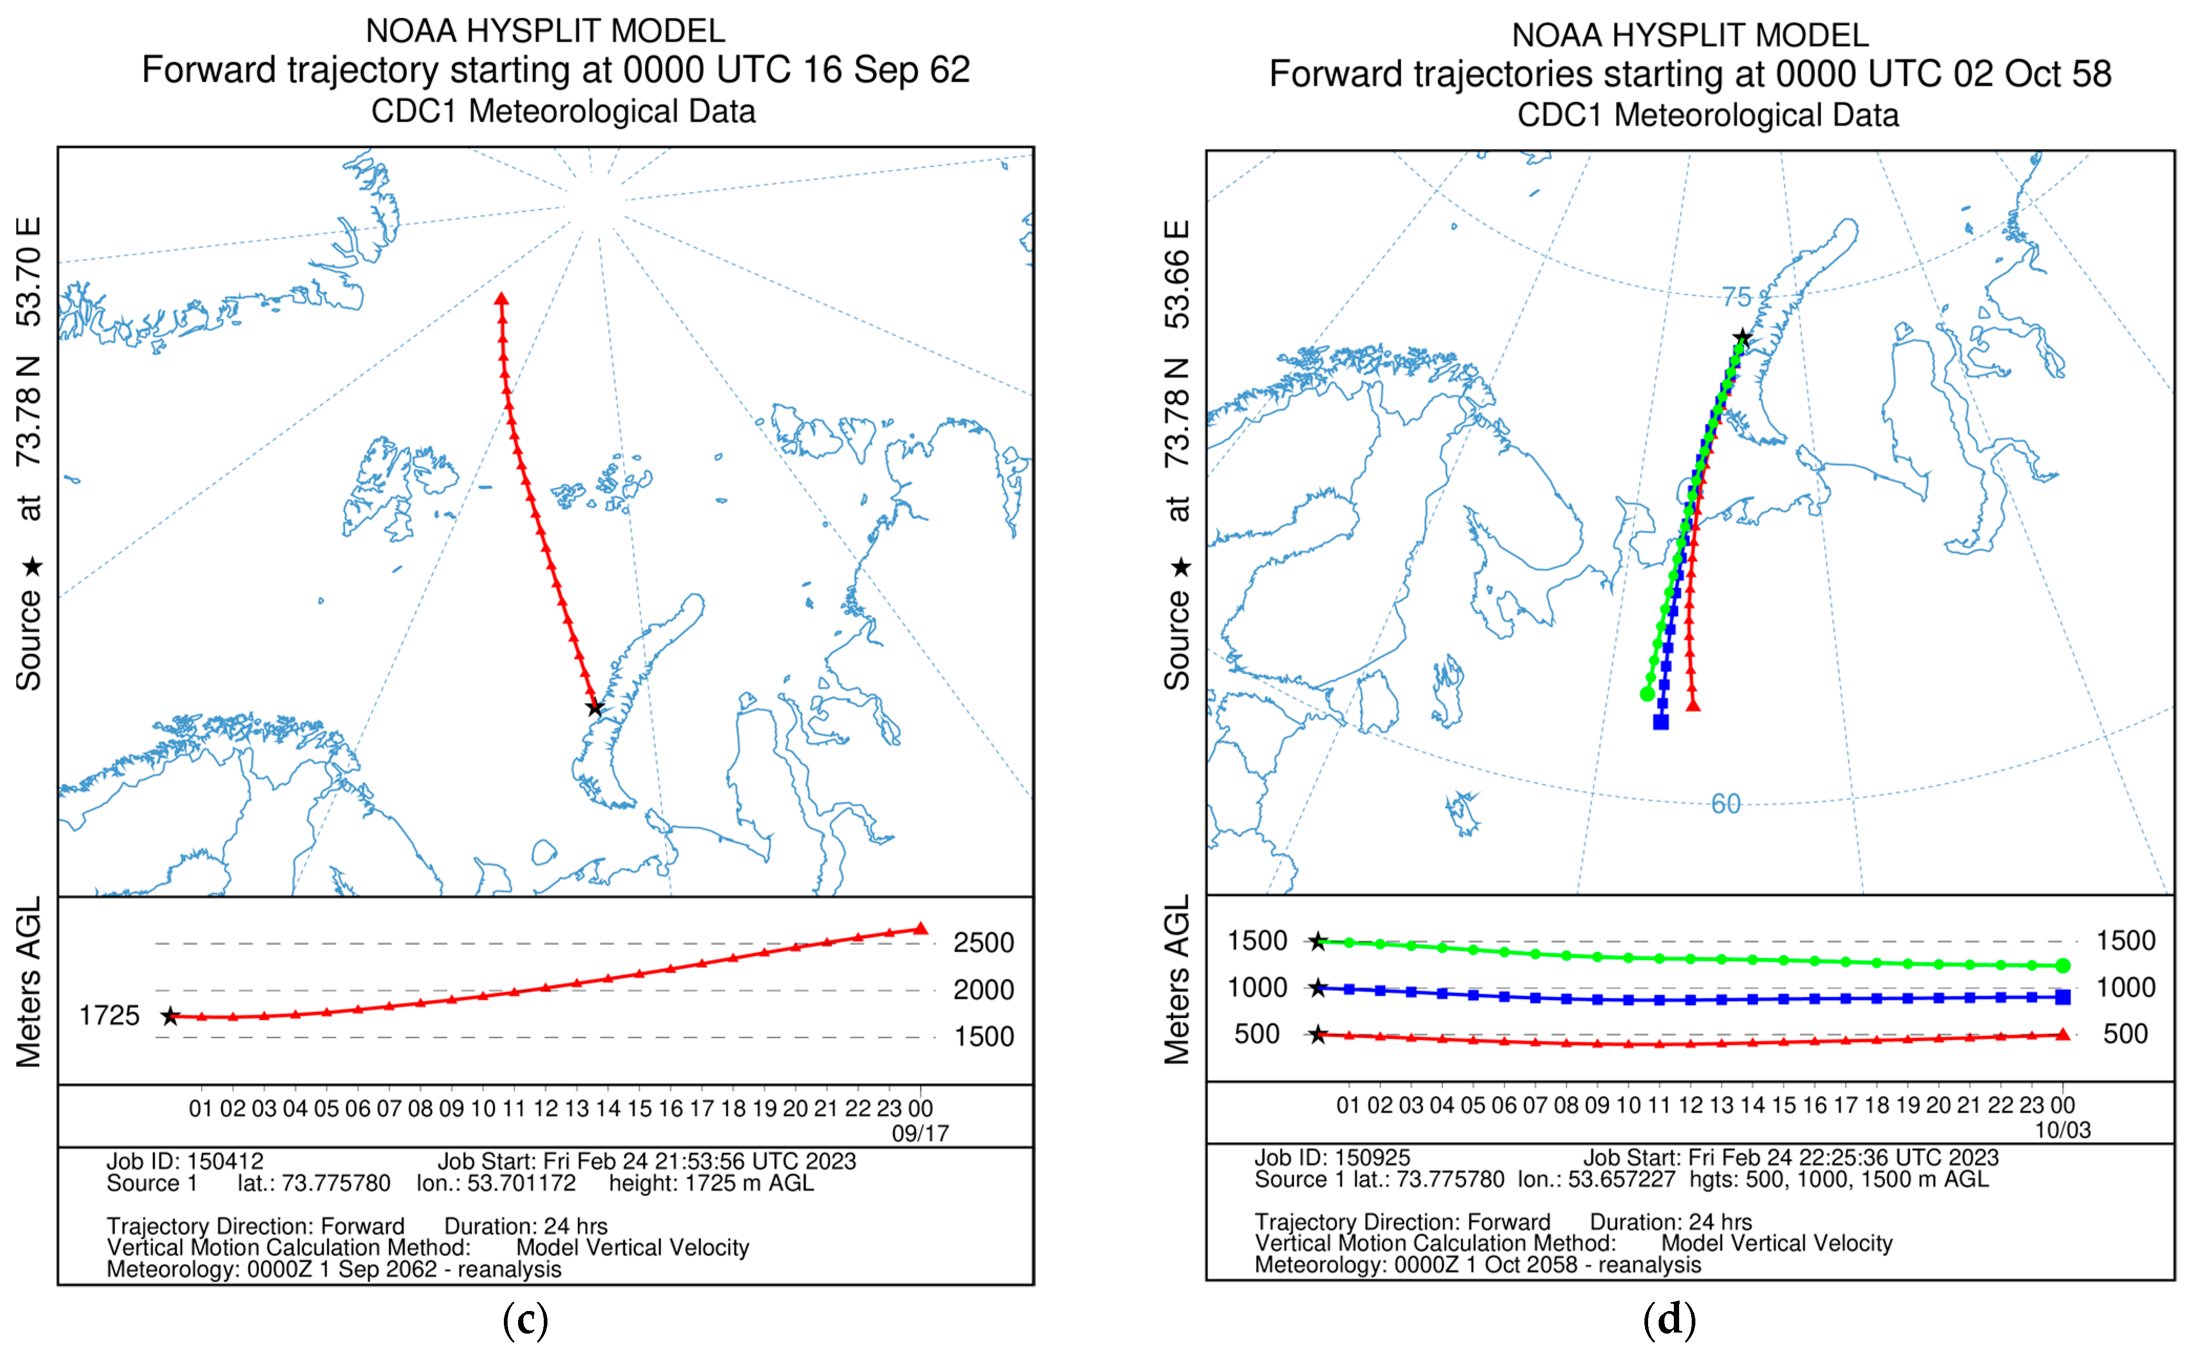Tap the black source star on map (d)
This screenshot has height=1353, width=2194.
(1742, 338)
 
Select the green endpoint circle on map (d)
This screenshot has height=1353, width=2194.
(1647, 694)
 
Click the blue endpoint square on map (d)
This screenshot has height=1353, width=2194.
(1661, 721)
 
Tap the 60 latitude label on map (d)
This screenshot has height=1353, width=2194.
(1726, 804)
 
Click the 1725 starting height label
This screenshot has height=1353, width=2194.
(109, 1016)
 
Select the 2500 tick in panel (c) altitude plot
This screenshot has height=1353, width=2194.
(983, 942)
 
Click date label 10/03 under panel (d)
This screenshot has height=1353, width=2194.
(2062, 1130)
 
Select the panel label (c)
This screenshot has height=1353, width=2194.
(525, 1320)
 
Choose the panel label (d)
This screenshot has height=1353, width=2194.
(1670, 1320)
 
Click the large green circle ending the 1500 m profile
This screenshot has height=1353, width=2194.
(2062, 965)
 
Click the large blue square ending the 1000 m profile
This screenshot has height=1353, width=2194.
(2062, 997)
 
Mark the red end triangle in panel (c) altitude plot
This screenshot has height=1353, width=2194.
(920, 929)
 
